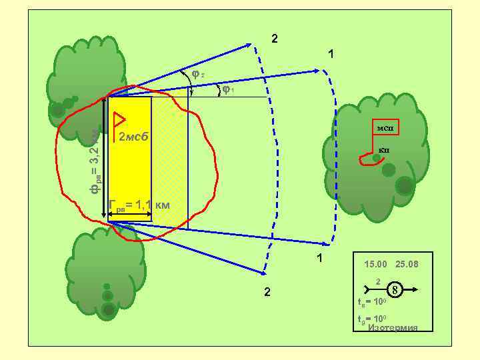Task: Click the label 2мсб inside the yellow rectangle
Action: pos(135,138)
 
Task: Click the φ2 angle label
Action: pos(198,73)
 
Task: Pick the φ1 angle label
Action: pos(228,89)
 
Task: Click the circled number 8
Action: pos(395,290)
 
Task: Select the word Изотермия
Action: pos(393,327)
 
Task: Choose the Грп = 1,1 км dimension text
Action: pos(139,205)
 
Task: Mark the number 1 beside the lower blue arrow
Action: pos(320,258)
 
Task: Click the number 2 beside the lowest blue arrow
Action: pos(267,292)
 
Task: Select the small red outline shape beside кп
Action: pos(366,159)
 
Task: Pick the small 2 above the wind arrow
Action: pos(378,281)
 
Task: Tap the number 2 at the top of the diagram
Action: pos(275,38)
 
